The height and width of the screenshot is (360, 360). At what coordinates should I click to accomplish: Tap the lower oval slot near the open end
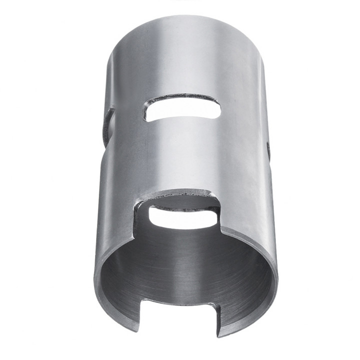(x=183, y=218)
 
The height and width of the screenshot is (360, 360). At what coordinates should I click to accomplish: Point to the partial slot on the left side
(x=107, y=128)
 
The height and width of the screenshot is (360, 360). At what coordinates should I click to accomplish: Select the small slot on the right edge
(x=268, y=150)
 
